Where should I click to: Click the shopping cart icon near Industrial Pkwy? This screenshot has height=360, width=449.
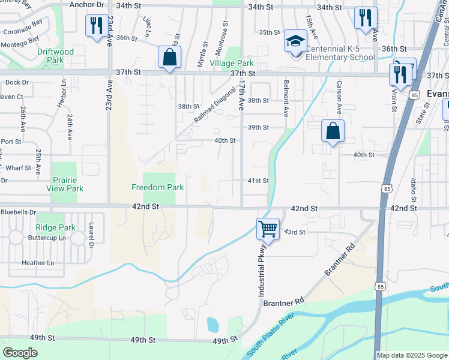268,228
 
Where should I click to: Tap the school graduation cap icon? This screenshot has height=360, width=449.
295,41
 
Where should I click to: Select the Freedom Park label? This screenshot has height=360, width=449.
158,187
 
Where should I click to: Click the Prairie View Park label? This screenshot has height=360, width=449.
65,184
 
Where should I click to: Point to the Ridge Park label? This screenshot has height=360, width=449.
55,227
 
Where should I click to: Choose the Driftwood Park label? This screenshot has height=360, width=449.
55,56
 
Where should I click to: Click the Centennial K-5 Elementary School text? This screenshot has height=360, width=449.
340,53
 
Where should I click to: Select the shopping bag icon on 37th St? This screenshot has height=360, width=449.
170,58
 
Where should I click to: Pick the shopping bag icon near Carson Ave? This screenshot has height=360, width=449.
333,131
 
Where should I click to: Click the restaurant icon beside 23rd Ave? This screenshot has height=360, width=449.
95,25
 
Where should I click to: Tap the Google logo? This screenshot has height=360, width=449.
20,353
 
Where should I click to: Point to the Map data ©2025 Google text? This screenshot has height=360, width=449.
412,355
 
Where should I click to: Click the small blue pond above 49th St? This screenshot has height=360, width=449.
213,325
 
